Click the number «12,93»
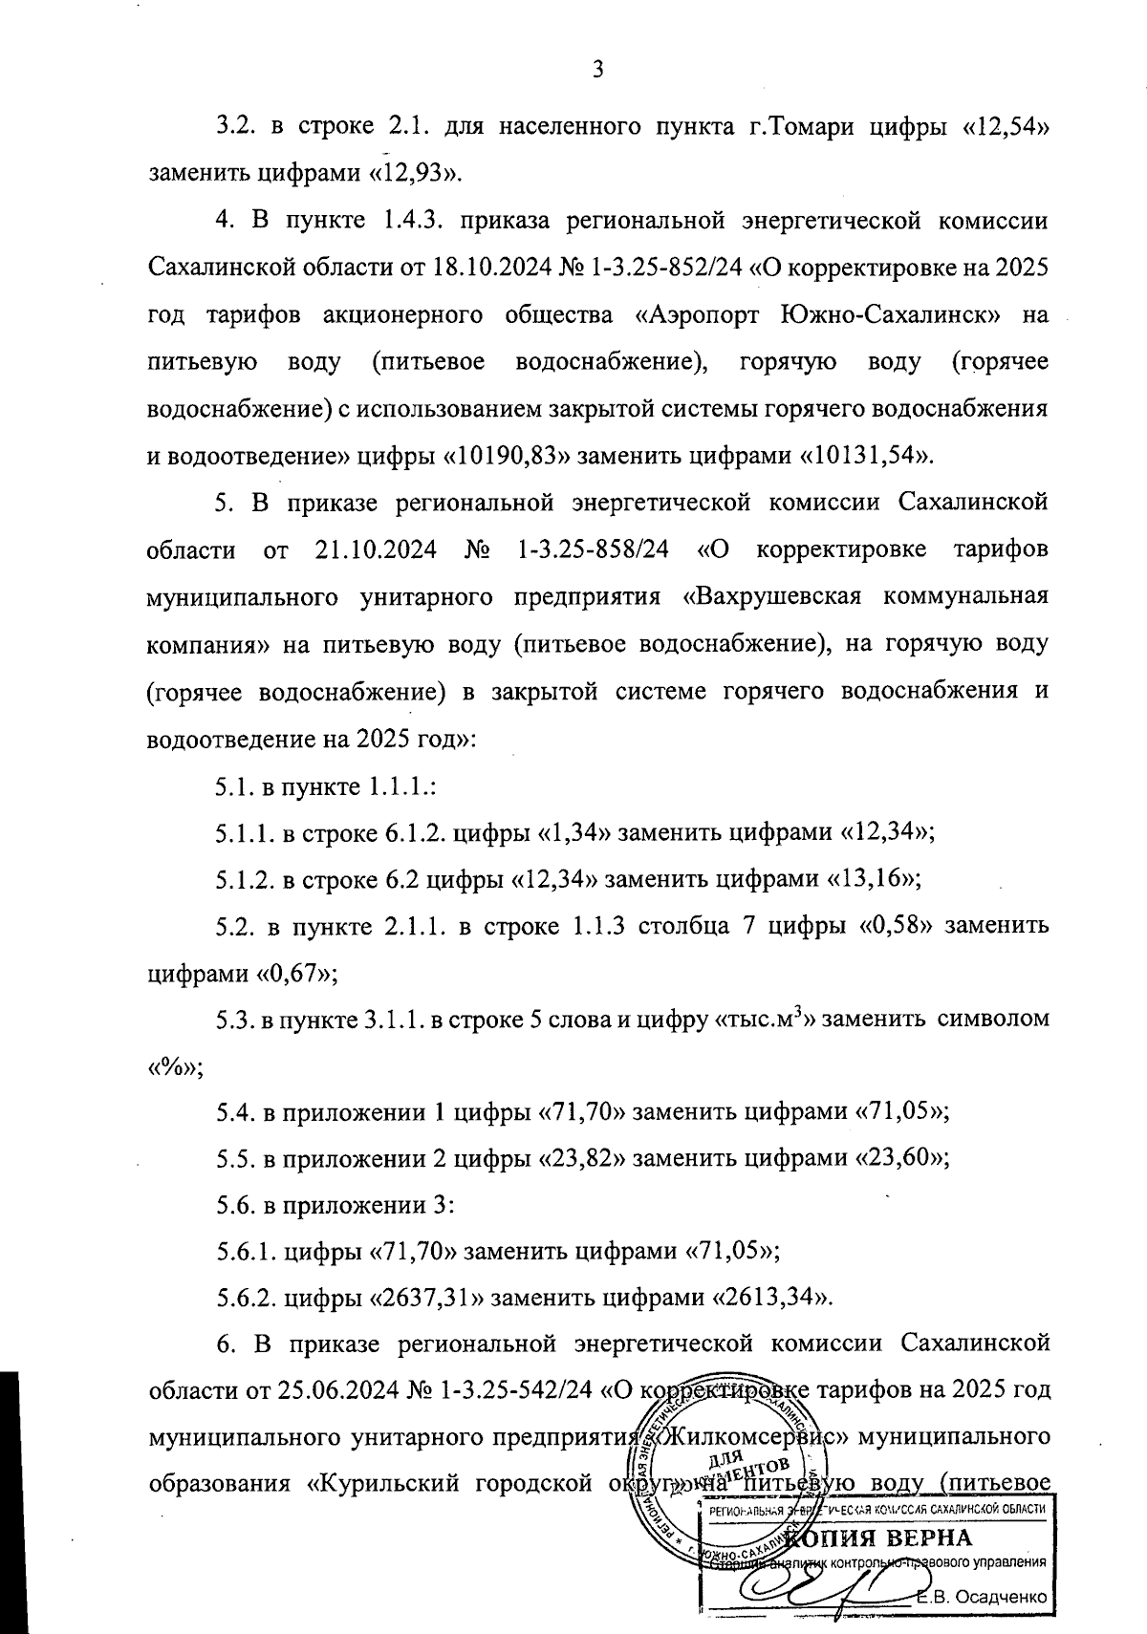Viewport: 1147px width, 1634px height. click(x=417, y=173)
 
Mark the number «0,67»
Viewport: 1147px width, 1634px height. click(x=290, y=972)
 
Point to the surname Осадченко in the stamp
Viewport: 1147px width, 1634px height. click(x=1002, y=1597)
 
